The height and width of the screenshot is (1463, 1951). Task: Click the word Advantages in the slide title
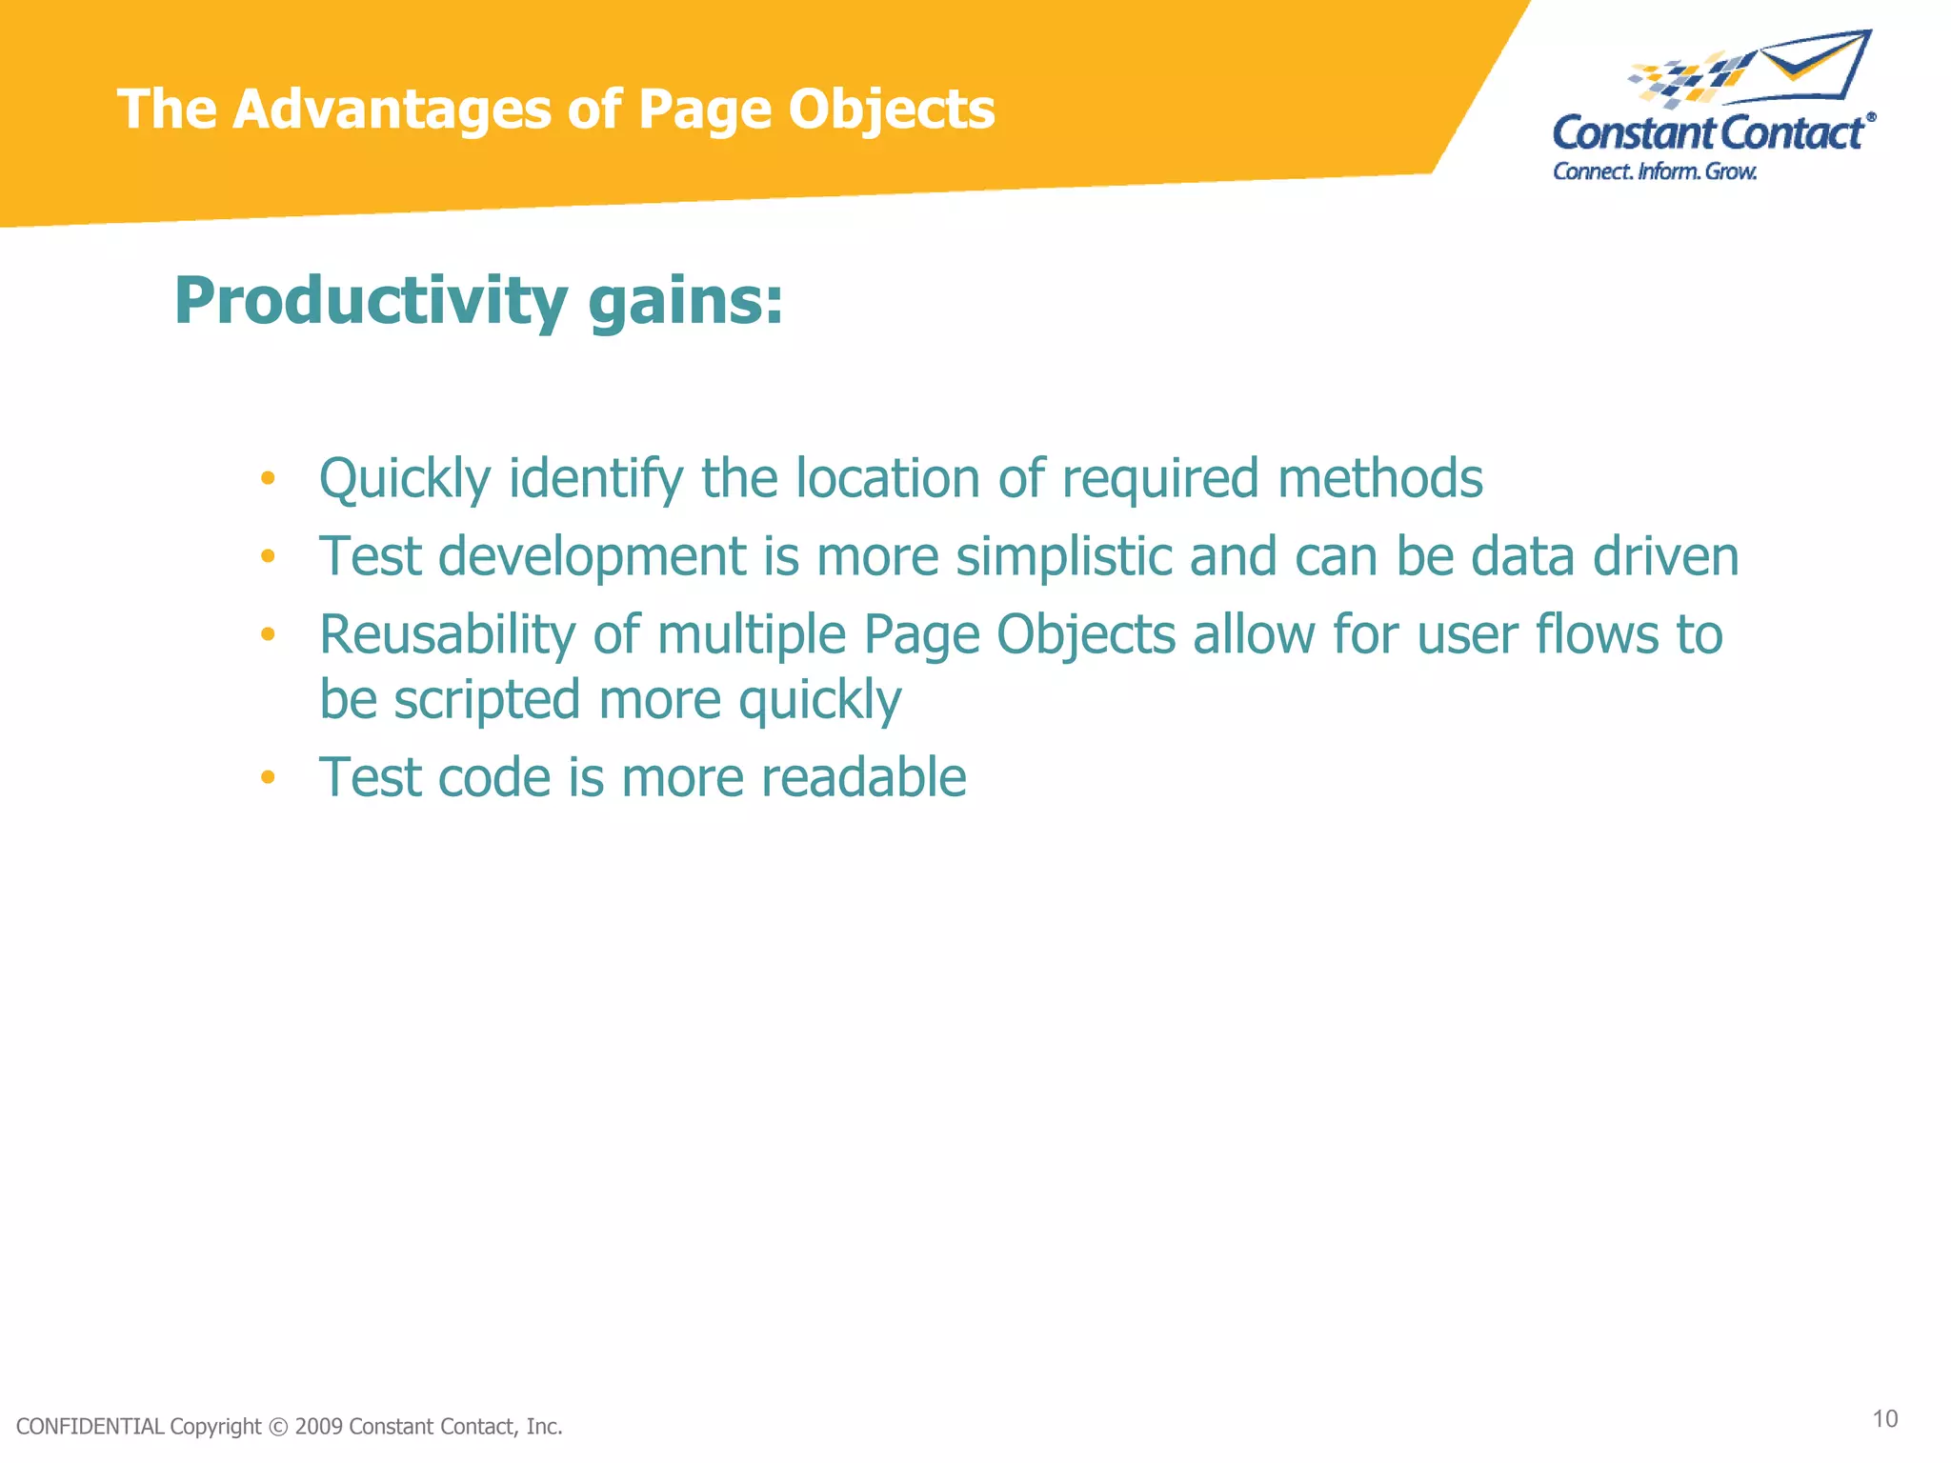(x=392, y=109)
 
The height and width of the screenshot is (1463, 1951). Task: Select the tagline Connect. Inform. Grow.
(x=1654, y=171)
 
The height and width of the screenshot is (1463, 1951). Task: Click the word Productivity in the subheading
(x=371, y=301)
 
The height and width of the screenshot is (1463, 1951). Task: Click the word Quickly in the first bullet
(x=404, y=479)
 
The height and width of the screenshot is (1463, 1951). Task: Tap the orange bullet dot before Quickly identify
(x=268, y=478)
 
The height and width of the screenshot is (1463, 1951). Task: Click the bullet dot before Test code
(x=268, y=778)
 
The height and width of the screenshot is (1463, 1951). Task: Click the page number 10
(x=1884, y=1419)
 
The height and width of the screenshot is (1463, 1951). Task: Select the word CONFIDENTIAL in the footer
(x=91, y=1427)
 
